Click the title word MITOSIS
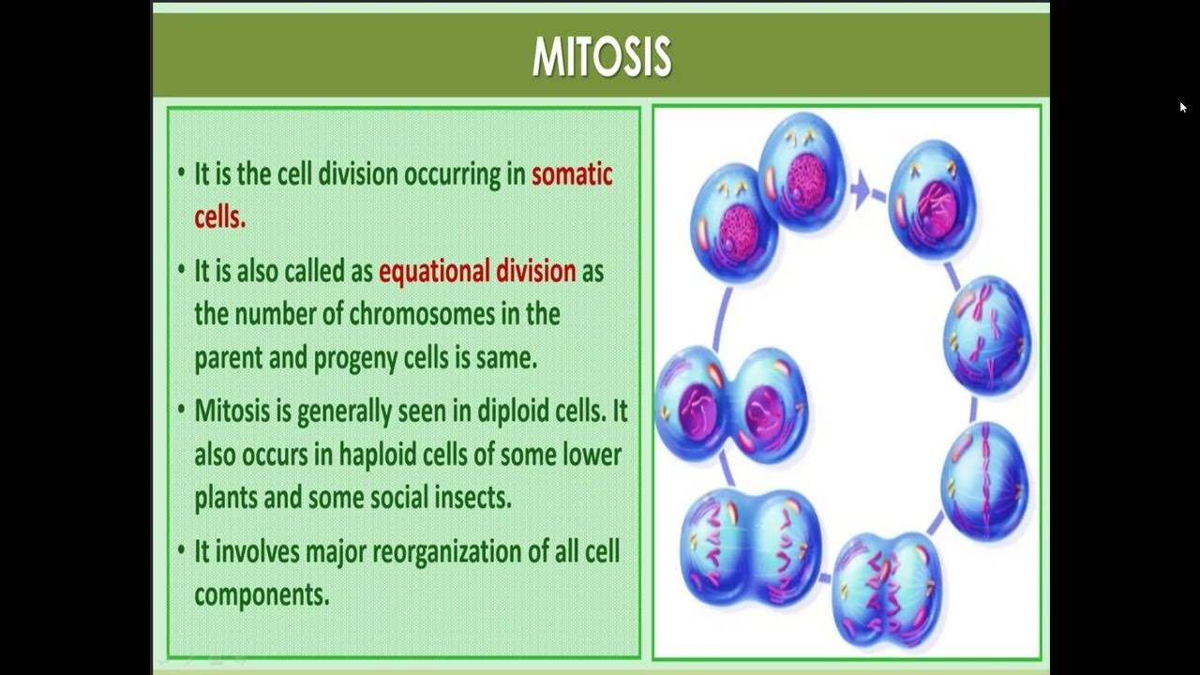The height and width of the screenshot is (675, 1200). [x=601, y=57]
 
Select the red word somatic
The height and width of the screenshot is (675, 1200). [x=572, y=174]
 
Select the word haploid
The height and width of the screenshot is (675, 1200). [x=381, y=455]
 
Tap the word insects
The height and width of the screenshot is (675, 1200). [x=472, y=497]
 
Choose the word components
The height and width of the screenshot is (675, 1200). [x=262, y=594]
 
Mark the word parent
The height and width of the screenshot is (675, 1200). [x=226, y=358]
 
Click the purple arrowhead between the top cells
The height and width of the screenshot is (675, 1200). [x=860, y=190]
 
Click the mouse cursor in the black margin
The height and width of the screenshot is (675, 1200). [x=1183, y=108]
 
